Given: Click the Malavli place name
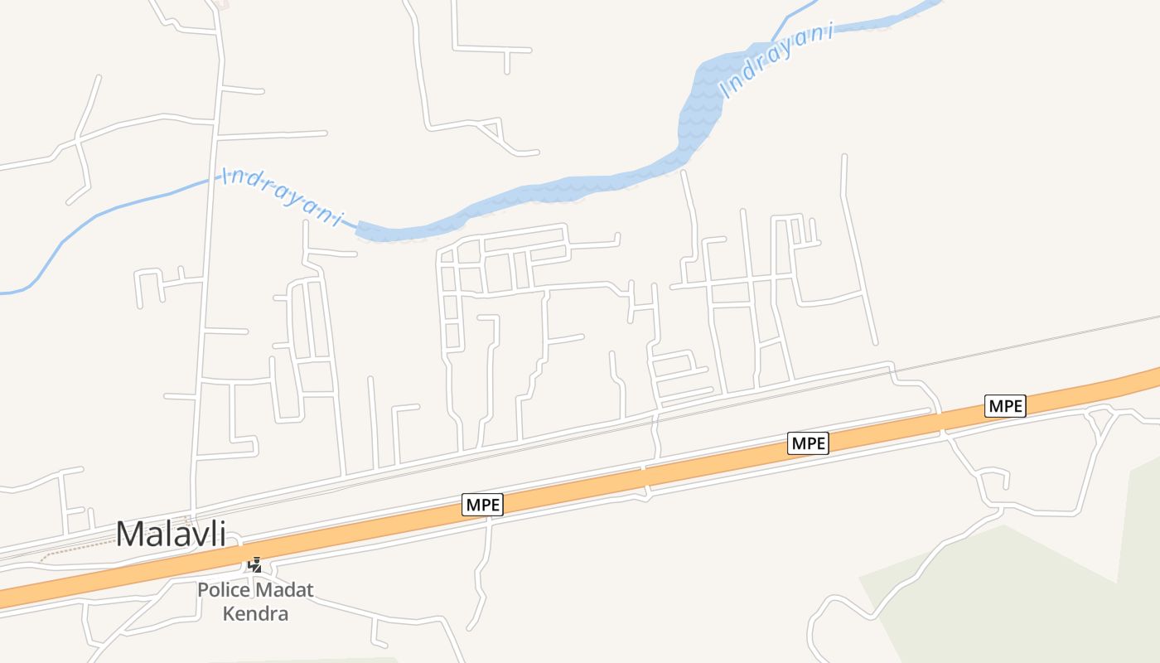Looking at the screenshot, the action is [171, 534].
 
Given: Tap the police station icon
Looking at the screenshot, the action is [256, 566].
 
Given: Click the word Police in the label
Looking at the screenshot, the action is [224, 591].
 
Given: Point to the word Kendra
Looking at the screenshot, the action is [255, 614].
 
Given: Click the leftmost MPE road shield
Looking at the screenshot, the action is [483, 505].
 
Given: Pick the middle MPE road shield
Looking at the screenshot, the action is [808, 443].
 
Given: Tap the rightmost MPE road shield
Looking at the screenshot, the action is [1005, 406].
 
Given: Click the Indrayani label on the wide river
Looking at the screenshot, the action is [776, 63].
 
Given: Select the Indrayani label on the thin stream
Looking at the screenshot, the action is [282, 196].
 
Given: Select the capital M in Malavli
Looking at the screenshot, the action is [130, 534].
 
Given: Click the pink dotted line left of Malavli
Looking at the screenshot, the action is [75, 549].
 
